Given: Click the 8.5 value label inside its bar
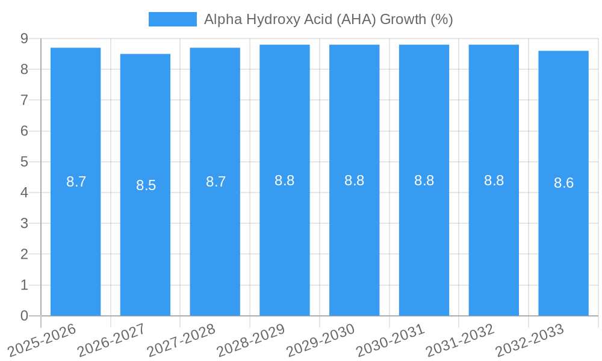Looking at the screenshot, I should coord(146,185).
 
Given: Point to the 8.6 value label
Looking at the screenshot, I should coord(563,184).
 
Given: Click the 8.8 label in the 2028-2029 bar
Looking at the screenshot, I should coord(284,180).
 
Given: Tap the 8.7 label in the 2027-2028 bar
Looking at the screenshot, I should coord(216,182).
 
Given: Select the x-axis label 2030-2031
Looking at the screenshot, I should coord(391,340).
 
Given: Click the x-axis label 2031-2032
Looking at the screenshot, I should coord(461,340).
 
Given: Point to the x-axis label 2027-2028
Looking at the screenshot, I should coord(182,340).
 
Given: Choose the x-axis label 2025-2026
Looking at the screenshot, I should coord(42,340).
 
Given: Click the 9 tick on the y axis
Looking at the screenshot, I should coord(24,39).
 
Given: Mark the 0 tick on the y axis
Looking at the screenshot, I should coord(24,316).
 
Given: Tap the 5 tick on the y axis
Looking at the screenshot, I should coord(24,162).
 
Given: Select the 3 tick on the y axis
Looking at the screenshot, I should coord(24,223).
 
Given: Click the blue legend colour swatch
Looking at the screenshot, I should coord(172,19).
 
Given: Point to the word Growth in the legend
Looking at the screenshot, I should coord(403,19).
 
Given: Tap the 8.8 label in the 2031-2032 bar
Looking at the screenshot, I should coord(494,180).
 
